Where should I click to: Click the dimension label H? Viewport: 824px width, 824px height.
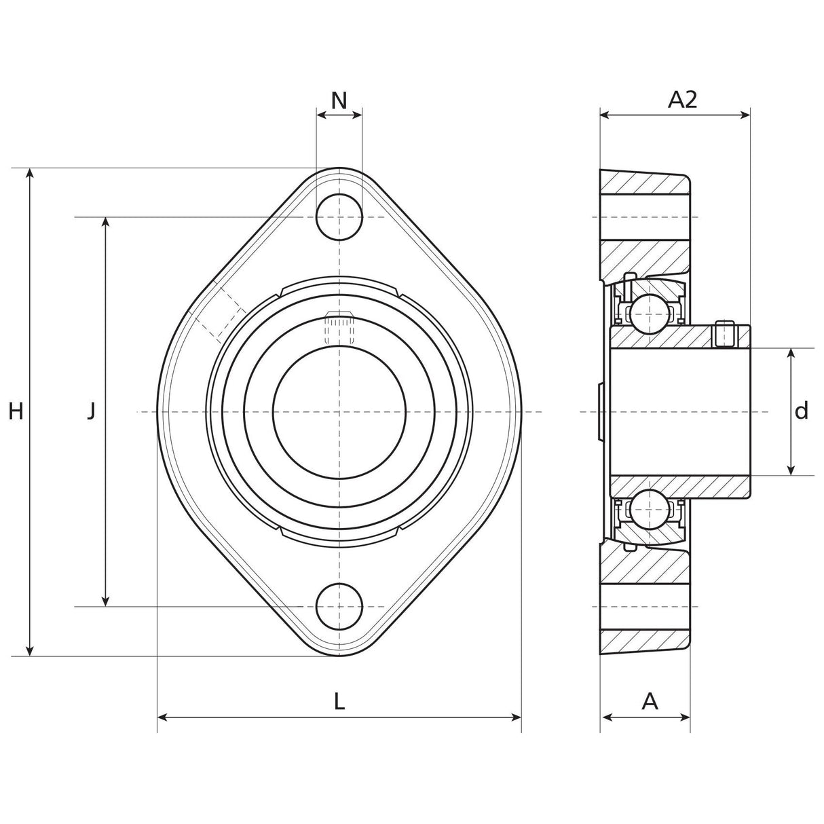pos(16,411)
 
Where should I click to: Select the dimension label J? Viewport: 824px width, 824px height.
pos(91,411)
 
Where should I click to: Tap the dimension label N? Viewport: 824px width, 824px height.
pos(339,100)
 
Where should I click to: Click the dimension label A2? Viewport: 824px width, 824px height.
pos(682,100)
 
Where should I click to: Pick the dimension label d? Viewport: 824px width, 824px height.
pos(802,411)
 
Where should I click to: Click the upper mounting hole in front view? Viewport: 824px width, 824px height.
pos(339,217)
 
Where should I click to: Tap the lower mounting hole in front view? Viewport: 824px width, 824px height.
pos(339,606)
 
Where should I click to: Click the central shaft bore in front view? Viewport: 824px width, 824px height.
pos(339,412)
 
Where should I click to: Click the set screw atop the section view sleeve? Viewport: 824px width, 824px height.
pos(726,333)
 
